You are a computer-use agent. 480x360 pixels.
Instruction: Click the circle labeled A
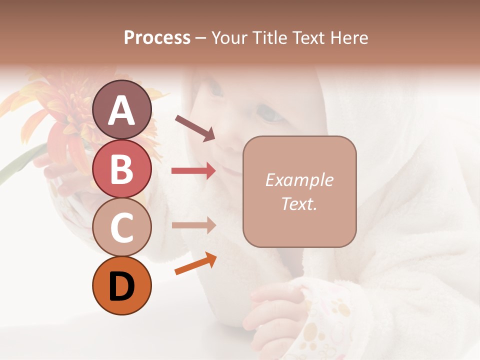pyautogui.click(x=121, y=109)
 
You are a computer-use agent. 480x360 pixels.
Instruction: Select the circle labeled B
pyautogui.click(x=121, y=168)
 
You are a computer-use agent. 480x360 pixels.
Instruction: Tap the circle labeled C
pyautogui.click(x=121, y=227)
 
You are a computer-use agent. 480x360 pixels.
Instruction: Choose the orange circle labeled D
pyautogui.click(x=121, y=286)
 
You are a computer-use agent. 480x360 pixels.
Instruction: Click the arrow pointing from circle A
pyautogui.click(x=195, y=127)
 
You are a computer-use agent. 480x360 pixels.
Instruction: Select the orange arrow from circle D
pyautogui.click(x=195, y=263)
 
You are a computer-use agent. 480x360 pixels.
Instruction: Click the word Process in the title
pyautogui.click(x=157, y=38)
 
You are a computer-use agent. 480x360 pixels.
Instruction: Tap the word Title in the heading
pyautogui.click(x=269, y=38)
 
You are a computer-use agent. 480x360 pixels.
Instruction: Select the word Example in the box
pyautogui.click(x=299, y=180)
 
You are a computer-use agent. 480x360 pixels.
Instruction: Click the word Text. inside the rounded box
pyautogui.click(x=299, y=203)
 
